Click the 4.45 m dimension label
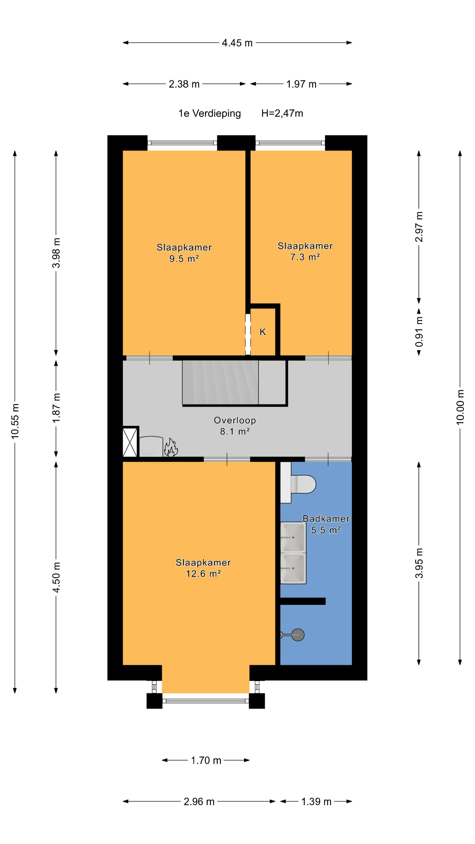pos(237,43)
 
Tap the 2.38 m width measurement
pos(184,84)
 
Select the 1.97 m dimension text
pos(301,84)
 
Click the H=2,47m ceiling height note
pos(282,113)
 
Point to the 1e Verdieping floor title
pos(210,113)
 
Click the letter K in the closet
pos(263,332)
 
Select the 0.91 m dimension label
pos(419,332)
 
